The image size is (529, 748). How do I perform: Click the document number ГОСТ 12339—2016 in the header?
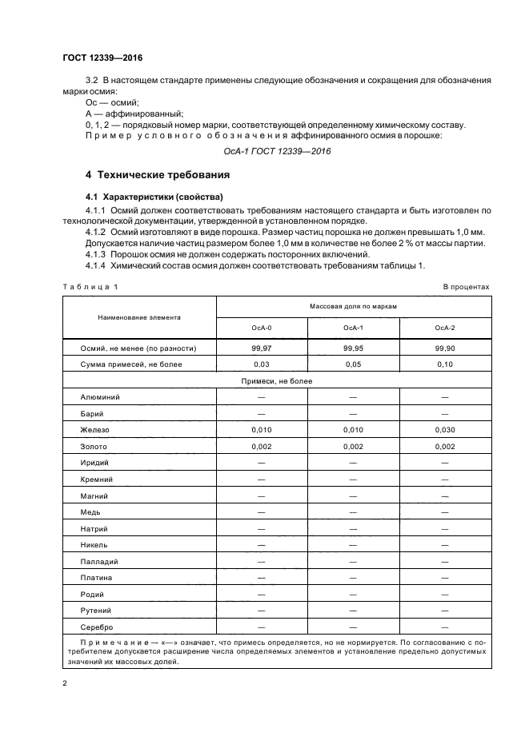102,58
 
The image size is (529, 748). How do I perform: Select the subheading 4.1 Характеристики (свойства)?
144,197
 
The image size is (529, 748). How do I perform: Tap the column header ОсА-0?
262,328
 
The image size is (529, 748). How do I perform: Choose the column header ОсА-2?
444,328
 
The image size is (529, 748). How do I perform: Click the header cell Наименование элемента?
138,316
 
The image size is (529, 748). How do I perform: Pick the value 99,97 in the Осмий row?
262,348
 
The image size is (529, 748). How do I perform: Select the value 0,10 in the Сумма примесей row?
444,364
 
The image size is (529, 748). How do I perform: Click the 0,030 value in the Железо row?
444,430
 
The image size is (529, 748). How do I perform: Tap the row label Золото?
94,447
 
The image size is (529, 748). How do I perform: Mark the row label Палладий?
98,562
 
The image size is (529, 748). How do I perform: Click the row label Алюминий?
100,397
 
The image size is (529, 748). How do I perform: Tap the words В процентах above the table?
466,286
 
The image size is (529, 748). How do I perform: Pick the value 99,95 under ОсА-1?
353,348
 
